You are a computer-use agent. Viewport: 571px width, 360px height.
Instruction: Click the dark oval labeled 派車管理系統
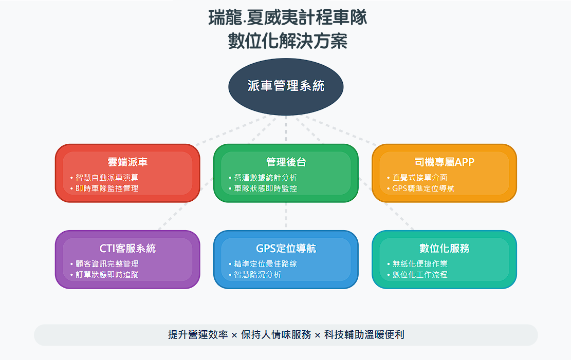[286, 87]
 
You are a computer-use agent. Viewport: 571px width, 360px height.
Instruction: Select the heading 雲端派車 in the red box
[127, 162]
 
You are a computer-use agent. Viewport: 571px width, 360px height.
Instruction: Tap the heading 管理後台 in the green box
[286, 162]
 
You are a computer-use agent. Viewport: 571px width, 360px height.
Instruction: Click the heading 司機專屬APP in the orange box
[444, 162]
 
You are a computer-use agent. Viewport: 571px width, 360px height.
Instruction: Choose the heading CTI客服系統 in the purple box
[127, 248]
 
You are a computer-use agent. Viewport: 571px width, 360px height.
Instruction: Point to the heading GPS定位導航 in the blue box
[286, 248]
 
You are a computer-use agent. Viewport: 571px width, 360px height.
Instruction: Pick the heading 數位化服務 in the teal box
[444, 248]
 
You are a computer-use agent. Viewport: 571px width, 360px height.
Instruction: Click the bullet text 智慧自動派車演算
[107, 178]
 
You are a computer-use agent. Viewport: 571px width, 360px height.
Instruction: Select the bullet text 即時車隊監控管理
[107, 188]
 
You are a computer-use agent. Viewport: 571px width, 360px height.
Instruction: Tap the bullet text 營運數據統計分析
[266, 178]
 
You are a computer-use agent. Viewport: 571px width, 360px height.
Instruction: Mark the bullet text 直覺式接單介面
[420, 178]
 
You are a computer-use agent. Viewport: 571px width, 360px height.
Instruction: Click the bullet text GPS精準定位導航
[423, 188]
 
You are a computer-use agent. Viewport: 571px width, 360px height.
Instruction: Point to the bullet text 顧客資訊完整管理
[107, 264]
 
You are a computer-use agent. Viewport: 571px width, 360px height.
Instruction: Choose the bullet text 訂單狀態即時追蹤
[107, 275]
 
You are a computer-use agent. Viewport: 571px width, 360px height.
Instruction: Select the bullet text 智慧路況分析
[257, 275]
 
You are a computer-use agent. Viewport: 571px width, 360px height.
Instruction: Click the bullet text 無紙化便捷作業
[420, 264]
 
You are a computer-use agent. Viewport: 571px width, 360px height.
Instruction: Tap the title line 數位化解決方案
[288, 41]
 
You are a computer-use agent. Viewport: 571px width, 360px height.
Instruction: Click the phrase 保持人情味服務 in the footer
[276, 334]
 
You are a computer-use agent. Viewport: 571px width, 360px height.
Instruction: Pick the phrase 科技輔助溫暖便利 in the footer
[364, 334]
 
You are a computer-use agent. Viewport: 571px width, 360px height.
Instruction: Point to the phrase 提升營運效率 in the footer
[198, 334]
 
